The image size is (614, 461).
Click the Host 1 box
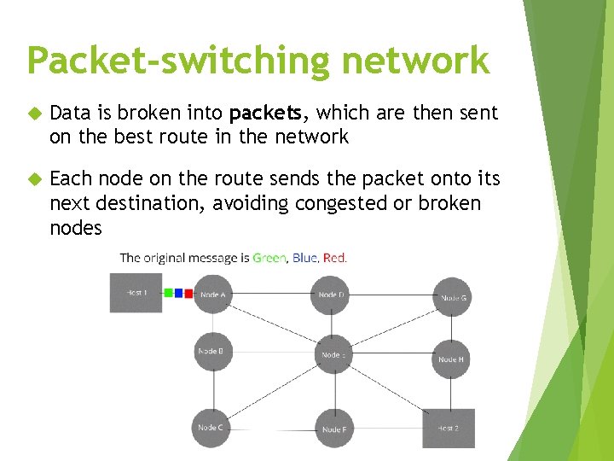[136, 292]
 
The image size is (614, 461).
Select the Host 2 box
[449, 428]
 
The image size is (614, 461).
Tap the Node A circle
[212, 295]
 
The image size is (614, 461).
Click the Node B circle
[212, 351]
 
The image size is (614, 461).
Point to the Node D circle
[333, 295]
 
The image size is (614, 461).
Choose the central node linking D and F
[333, 354]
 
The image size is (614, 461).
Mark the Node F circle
[333, 429]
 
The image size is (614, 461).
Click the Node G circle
[452, 297]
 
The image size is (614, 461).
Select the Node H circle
[452, 359]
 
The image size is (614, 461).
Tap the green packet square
[169, 293]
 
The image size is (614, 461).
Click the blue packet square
[178, 293]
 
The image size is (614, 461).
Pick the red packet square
[188, 293]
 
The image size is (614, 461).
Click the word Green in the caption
[269, 257]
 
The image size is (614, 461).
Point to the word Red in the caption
[335, 257]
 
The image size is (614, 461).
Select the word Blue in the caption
[305, 257]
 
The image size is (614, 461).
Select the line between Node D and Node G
[392, 295]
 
